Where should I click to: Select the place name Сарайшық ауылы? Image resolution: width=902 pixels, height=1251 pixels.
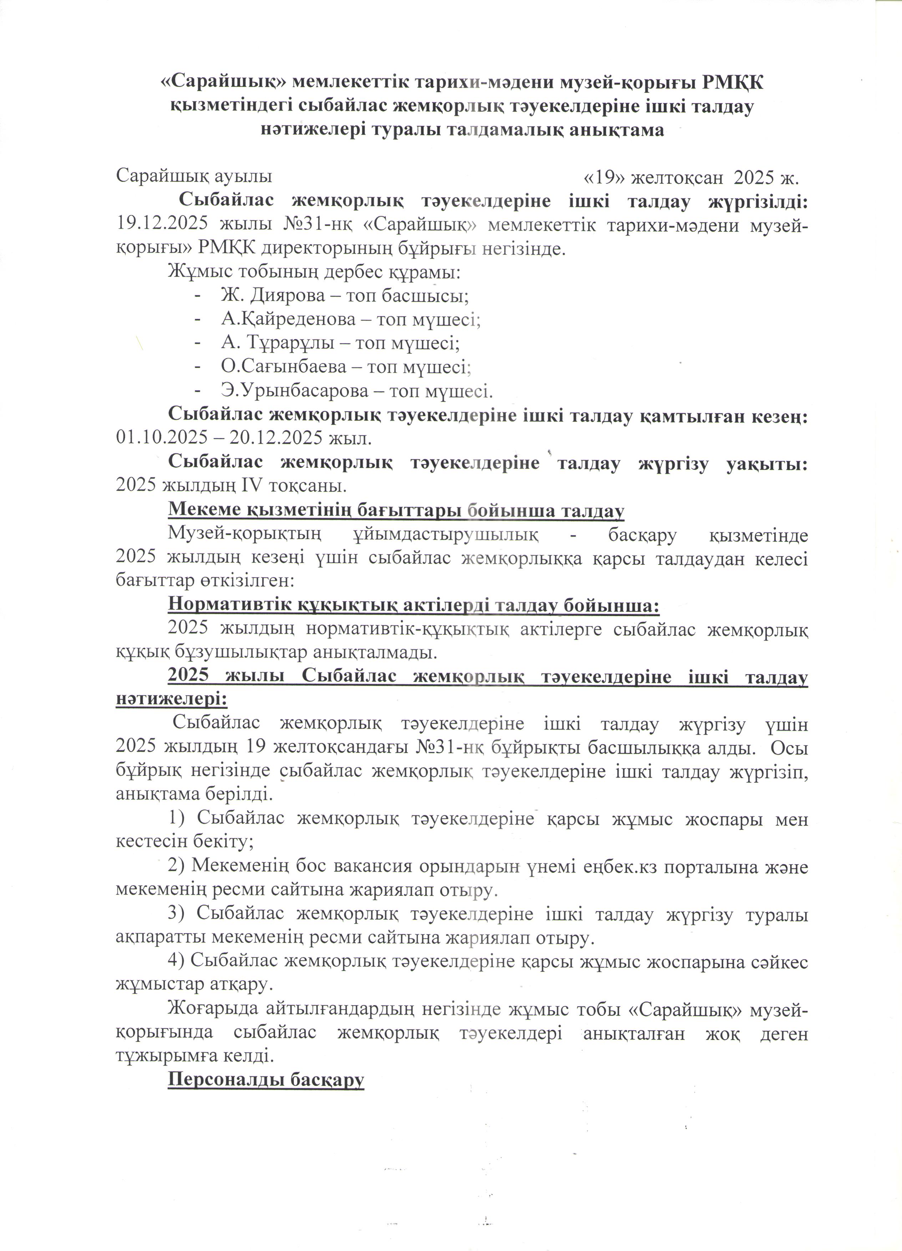[194, 177]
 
